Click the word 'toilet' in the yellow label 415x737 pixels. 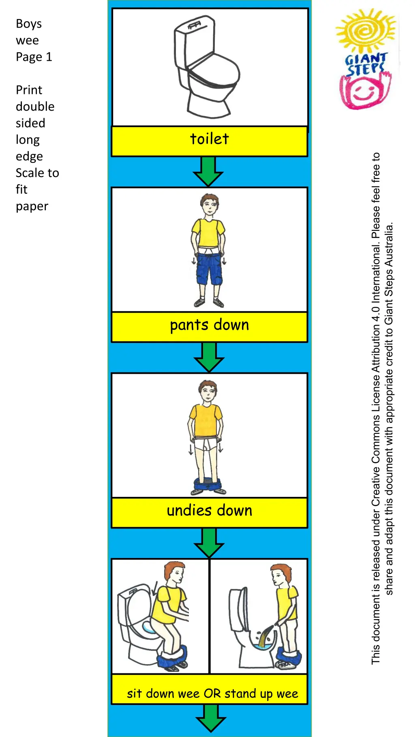(210, 139)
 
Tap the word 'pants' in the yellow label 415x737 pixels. (189, 325)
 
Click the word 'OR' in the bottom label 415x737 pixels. (212, 693)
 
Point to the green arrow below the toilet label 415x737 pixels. (208, 172)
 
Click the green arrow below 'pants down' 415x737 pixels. (209, 357)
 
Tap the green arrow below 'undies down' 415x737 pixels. (209, 543)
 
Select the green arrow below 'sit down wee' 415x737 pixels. (210, 718)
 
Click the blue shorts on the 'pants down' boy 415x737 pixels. (209, 270)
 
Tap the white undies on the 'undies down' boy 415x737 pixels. (205, 444)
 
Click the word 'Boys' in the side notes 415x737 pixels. (29, 24)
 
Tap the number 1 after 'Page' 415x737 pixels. (49, 57)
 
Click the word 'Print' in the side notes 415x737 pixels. (29, 90)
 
